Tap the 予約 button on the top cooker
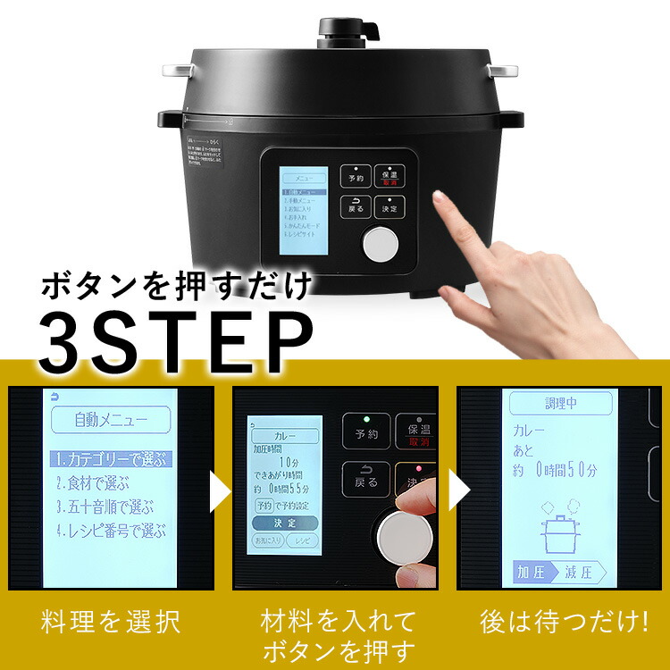point(356,176)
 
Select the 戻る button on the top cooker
point(356,206)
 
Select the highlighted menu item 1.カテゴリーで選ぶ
point(109,460)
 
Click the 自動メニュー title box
point(110,417)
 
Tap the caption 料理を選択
point(111,622)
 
